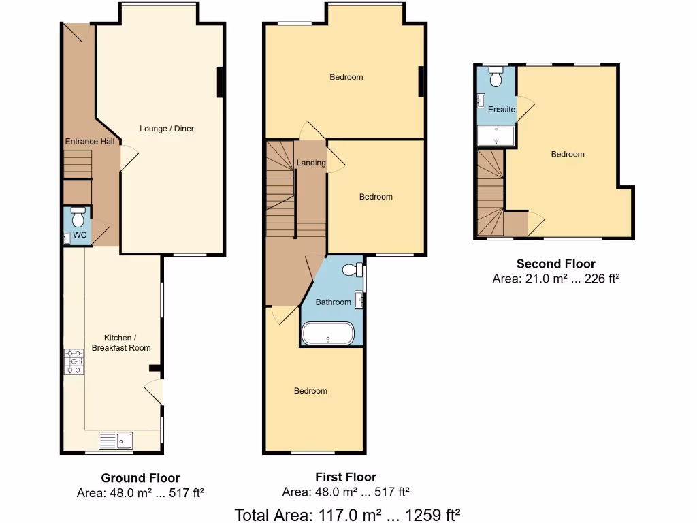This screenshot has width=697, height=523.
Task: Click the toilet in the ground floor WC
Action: click(78, 217)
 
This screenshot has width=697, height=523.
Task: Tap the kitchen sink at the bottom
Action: click(116, 441)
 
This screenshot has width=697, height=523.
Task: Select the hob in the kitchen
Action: click(72, 362)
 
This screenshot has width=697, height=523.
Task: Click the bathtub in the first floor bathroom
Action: click(327, 334)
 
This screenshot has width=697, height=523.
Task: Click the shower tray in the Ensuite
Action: click(496, 136)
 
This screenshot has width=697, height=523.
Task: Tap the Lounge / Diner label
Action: click(167, 129)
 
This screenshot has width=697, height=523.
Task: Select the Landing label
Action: click(311, 163)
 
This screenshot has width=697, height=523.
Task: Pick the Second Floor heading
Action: click(555, 264)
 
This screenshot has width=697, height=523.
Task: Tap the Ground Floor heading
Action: click(140, 478)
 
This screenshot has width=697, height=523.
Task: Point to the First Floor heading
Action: click(346, 477)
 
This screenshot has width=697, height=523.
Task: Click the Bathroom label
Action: click(334, 302)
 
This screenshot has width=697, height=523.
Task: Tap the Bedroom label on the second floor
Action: click(568, 155)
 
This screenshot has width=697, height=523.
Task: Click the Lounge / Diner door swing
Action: click(129, 158)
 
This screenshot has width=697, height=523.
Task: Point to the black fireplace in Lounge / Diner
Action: click(221, 82)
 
